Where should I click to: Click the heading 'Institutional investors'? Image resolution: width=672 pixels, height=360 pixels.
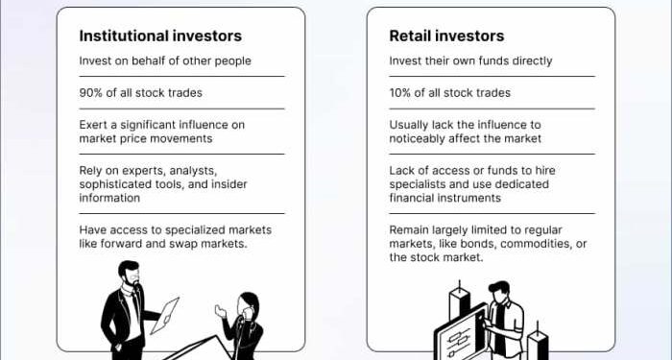point(160,36)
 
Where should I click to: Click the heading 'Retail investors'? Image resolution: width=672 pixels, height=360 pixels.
point(445,36)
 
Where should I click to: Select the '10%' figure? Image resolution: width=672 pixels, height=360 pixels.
point(402,93)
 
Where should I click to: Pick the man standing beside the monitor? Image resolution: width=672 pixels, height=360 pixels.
point(501,317)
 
